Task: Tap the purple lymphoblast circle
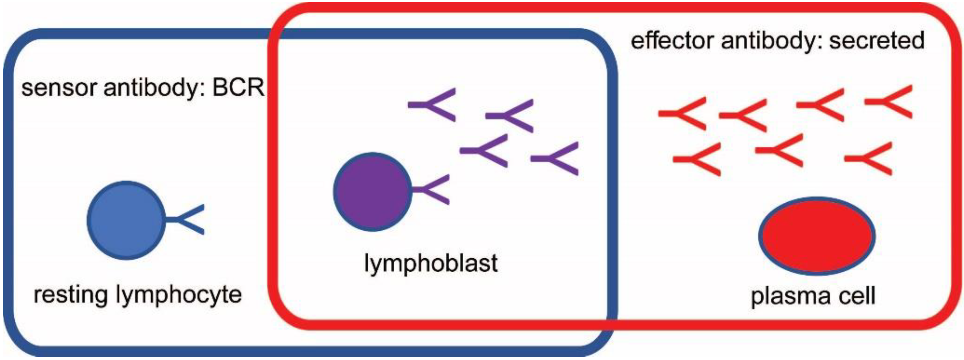point(372,191)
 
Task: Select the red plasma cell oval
point(817,236)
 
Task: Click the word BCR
point(238,88)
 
